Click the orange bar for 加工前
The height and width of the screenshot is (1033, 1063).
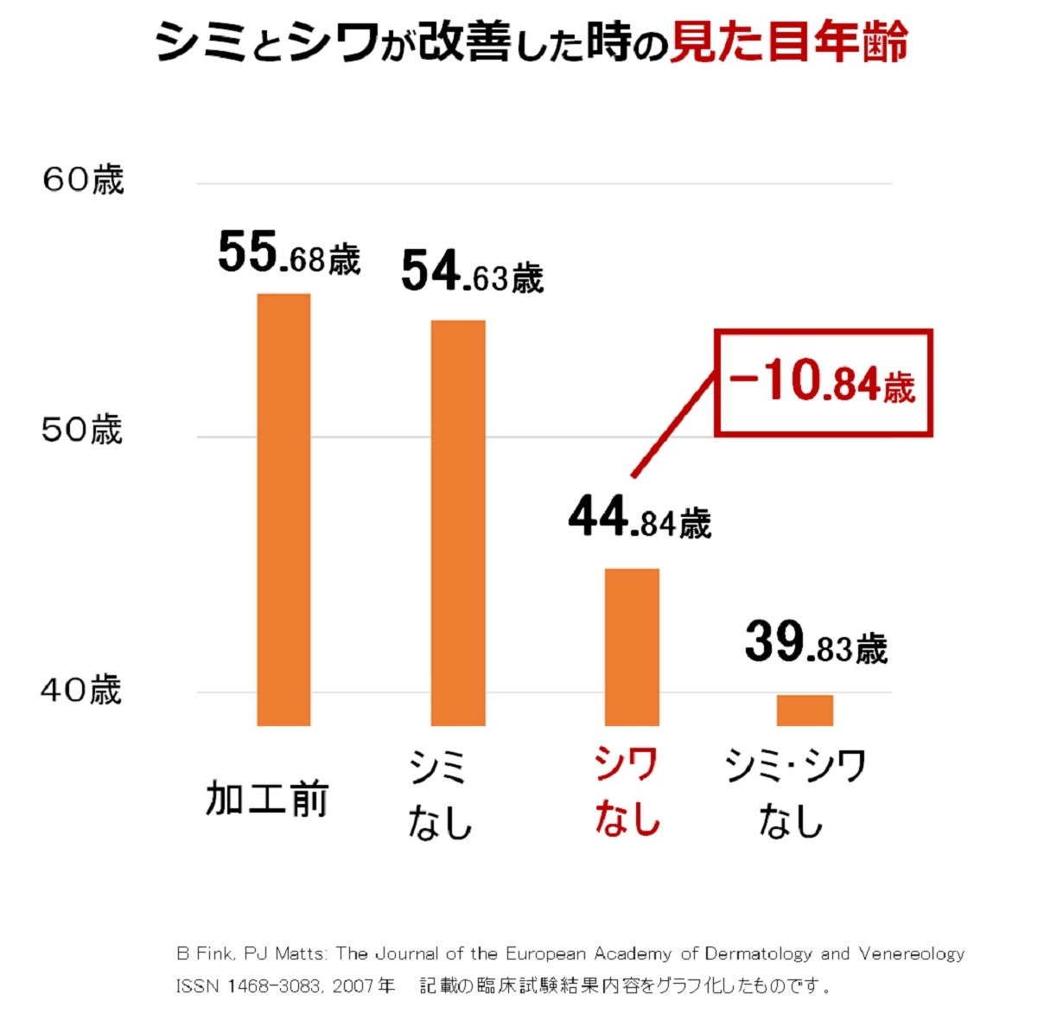pyautogui.click(x=283, y=510)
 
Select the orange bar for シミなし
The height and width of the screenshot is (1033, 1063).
pyautogui.click(x=458, y=523)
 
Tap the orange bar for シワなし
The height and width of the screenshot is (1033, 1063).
pyautogui.click(x=632, y=647)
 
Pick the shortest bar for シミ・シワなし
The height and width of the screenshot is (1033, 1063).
pyautogui.click(x=805, y=711)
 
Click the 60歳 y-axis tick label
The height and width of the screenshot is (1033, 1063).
pyautogui.click(x=83, y=181)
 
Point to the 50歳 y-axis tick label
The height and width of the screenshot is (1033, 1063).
pyautogui.click(x=82, y=430)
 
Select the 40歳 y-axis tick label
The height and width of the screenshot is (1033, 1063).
pyautogui.click(x=81, y=690)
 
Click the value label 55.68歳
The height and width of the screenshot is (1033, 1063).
pyautogui.click(x=289, y=253)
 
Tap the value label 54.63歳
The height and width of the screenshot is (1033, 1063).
pyautogui.click(x=472, y=272)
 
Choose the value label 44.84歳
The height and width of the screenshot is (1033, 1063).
pyautogui.click(x=640, y=519)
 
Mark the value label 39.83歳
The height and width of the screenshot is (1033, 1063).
pyautogui.click(x=816, y=644)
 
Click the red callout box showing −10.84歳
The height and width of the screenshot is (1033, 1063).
pyautogui.click(x=824, y=383)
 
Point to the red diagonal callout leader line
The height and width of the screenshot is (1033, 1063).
pyautogui.click(x=674, y=424)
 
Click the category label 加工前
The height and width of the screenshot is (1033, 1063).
pyautogui.click(x=266, y=799)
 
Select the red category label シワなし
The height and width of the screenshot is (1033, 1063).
pyautogui.click(x=627, y=790)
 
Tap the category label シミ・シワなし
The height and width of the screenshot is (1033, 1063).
pyautogui.click(x=794, y=792)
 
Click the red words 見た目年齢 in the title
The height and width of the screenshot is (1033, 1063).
pyautogui.click(x=789, y=41)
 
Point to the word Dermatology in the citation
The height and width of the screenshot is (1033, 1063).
pyautogui.click(x=758, y=954)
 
